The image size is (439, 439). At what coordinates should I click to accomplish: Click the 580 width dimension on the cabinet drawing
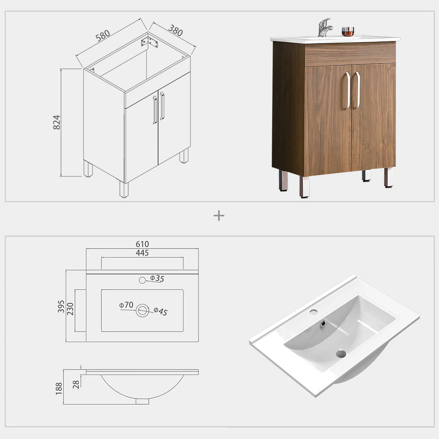click(x=103, y=36)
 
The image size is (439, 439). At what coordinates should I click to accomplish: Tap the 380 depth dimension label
click(x=176, y=30)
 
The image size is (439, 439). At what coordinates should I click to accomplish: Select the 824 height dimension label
click(x=57, y=122)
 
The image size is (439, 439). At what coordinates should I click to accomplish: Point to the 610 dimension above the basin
click(x=142, y=244)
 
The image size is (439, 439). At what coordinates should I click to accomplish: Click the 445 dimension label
click(x=142, y=253)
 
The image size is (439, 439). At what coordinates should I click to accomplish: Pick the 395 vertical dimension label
click(x=61, y=306)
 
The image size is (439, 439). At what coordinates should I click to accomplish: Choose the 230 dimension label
click(x=70, y=309)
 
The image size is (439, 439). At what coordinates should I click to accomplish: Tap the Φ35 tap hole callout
click(x=157, y=278)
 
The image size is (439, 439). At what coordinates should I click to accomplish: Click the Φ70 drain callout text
click(x=126, y=305)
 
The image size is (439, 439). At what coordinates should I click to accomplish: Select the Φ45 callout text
click(x=160, y=311)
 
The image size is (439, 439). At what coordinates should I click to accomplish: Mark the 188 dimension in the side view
click(x=59, y=389)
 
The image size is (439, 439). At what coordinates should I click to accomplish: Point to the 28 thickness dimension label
click(x=76, y=385)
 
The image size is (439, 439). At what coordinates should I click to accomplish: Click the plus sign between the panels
click(x=219, y=216)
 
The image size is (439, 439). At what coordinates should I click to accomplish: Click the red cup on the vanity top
click(x=348, y=31)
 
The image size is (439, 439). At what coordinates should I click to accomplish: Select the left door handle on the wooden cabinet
click(x=347, y=90)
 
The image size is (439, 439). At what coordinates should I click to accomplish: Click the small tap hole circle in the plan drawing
click(x=142, y=280)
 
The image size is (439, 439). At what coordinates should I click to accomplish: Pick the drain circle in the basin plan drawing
click(x=142, y=310)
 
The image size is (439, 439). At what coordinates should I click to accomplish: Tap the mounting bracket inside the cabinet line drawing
click(x=149, y=42)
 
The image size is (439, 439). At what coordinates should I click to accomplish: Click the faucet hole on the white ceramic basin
click(x=313, y=311)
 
